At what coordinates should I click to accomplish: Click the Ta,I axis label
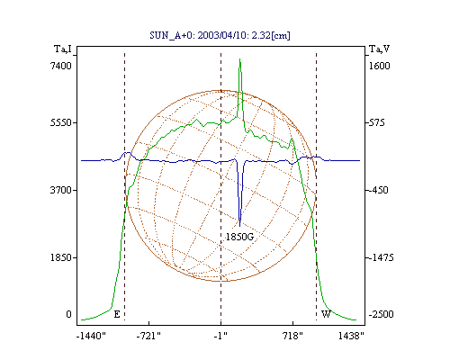click(x=62, y=49)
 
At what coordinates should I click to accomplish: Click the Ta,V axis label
click(x=379, y=49)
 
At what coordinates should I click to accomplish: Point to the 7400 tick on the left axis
click(x=60, y=66)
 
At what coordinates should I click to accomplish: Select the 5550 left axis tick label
click(x=60, y=122)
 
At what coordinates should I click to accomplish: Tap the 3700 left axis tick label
click(x=60, y=190)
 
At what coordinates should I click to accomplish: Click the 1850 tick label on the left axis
click(x=60, y=257)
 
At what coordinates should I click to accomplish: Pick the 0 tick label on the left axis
click(x=68, y=314)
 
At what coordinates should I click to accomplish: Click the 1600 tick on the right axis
click(x=379, y=66)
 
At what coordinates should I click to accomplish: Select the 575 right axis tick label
click(x=376, y=122)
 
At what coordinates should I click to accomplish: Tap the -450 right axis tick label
click(x=378, y=190)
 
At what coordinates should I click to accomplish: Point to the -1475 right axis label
click(x=381, y=257)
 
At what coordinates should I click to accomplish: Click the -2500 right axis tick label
click(x=381, y=314)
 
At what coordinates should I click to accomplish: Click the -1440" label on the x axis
click(x=91, y=337)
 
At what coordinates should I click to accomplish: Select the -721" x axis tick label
click(x=148, y=337)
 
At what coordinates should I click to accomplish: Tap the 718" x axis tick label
click(x=292, y=337)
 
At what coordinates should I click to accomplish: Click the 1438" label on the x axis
click(x=351, y=337)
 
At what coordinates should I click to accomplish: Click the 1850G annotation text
click(x=239, y=237)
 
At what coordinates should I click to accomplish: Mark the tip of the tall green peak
click(x=240, y=58)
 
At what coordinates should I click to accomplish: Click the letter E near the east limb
click(x=117, y=314)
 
